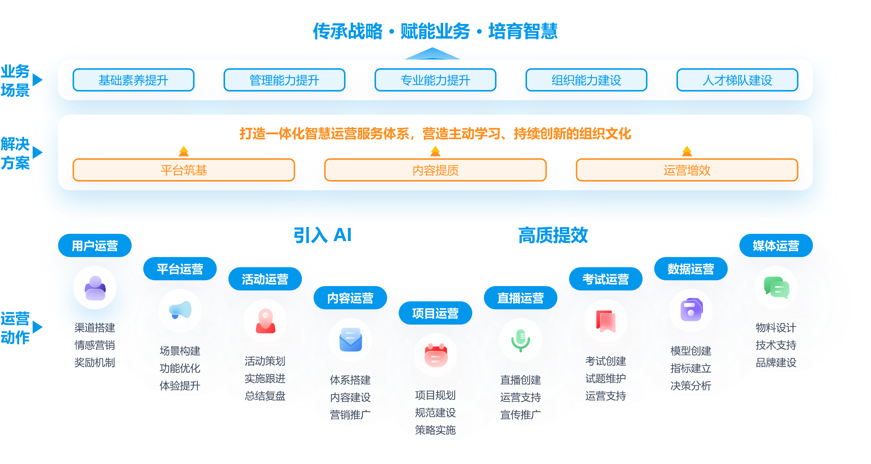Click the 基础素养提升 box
[133, 80]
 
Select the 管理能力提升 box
[284, 80]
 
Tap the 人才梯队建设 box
[737, 80]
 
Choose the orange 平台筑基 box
[184, 170]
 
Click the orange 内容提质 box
[435, 170]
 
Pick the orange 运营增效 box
[687, 170]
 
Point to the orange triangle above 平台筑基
[184, 151]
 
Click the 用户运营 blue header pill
[95, 246]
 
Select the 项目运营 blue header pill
[435, 313]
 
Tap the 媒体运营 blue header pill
[776, 246]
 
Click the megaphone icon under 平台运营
[180, 310]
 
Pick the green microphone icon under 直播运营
[520, 340]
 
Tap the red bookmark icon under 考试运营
[606, 321]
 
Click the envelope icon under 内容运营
[350, 340]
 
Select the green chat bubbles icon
[776, 288]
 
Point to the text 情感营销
[95, 345]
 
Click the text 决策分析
[691, 386]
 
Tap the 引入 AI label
[322, 235]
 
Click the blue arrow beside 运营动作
[37, 328]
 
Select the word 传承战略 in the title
[347, 31]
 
